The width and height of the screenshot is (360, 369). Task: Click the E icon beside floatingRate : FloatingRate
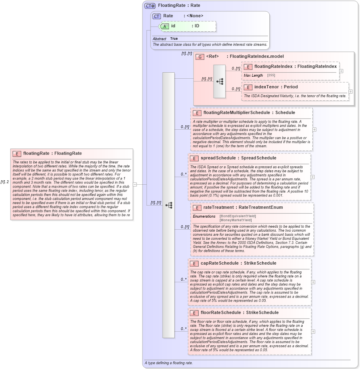[17, 153]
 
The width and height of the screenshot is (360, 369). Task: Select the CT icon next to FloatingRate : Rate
[150, 6]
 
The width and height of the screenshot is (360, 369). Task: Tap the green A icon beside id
[165, 26]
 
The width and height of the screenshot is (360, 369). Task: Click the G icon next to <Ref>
[200, 57]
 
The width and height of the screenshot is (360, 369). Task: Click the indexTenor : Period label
[276, 87]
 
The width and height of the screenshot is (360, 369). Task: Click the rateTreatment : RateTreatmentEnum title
[243, 208]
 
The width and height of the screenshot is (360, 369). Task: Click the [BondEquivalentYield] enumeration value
[238, 216]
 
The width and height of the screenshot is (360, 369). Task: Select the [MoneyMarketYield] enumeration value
[236, 220]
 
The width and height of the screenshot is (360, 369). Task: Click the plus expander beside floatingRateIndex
[341, 71]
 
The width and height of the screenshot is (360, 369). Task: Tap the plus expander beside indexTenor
[350, 92]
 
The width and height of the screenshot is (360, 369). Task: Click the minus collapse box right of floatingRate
[135, 185]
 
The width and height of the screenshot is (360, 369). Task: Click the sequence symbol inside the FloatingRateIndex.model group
[220, 81]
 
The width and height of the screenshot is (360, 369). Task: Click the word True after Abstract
[174, 39]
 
